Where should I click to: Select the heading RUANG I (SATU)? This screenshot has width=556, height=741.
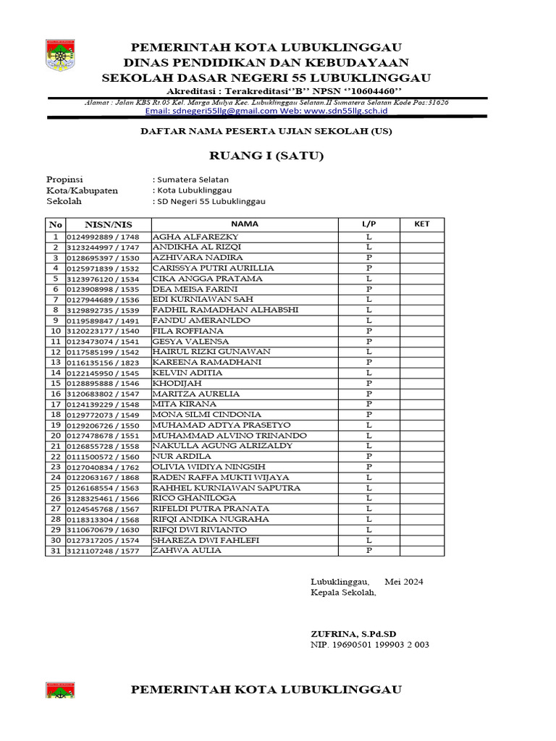tap(266, 156)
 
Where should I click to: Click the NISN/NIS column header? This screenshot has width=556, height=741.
tap(108, 224)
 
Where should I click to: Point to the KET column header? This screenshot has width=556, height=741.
tap(421, 224)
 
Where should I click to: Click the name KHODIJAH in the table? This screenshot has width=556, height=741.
tap(177, 383)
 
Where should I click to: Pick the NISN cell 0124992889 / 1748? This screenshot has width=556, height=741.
tap(102, 237)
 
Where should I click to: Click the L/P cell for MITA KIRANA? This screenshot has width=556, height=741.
tap(368, 404)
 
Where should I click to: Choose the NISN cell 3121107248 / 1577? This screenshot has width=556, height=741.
tap(102, 551)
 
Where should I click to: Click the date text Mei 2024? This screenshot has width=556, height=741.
tap(404, 582)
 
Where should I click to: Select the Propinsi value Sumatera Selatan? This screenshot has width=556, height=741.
tap(193, 179)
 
